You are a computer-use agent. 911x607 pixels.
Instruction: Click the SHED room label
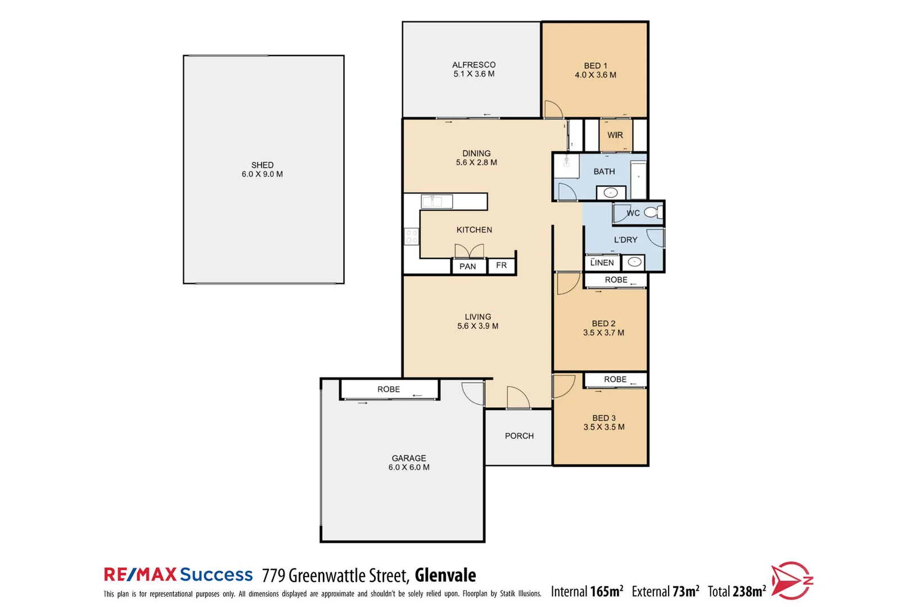click(262, 165)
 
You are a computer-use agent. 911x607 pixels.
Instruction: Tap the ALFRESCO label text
click(473, 65)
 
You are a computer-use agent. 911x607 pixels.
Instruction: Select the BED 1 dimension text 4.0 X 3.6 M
click(595, 75)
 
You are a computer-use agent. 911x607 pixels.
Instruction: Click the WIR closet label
click(615, 135)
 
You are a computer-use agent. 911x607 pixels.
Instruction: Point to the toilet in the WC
click(653, 212)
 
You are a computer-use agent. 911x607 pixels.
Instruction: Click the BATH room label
click(604, 171)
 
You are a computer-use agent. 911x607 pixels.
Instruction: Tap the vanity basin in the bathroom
click(610, 193)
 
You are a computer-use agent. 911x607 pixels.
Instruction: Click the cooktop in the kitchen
click(411, 237)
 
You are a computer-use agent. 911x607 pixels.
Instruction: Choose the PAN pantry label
click(467, 266)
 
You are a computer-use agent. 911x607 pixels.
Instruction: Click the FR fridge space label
click(501, 265)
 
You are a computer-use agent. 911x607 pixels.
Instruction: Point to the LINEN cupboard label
click(602, 262)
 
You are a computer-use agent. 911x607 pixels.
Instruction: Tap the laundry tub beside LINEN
click(634, 262)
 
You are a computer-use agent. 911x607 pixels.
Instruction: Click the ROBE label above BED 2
click(616, 280)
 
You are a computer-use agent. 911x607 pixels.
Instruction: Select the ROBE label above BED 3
click(615, 379)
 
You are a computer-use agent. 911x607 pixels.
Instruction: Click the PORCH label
click(519, 436)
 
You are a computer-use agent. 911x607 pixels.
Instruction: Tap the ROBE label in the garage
click(389, 389)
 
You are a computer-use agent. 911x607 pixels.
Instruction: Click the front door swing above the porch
click(518, 397)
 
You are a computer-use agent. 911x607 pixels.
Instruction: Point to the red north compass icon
click(791, 580)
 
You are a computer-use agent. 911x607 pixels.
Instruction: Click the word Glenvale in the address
click(445, 576)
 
